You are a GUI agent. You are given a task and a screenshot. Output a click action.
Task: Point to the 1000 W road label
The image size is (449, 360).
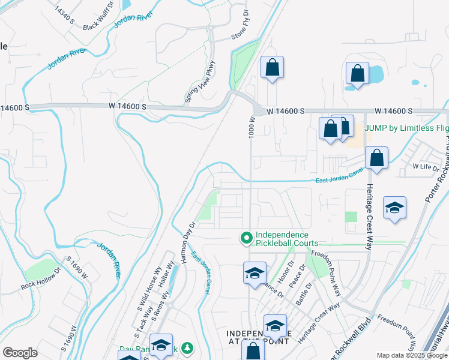tap(253, 126)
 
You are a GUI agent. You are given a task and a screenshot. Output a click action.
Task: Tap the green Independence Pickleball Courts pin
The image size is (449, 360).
tap(246, 239)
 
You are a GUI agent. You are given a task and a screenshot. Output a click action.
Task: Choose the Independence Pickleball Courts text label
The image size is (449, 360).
tap(282, 239)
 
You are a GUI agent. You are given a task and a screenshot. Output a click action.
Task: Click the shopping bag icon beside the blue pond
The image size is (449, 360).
tap(357, 74)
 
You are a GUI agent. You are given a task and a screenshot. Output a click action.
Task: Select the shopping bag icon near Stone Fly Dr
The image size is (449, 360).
tap(272, 67)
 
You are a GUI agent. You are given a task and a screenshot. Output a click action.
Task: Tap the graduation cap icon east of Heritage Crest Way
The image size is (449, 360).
tap(394, 208)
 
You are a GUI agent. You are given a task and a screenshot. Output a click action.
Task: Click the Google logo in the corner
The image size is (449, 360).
tap(20, 353)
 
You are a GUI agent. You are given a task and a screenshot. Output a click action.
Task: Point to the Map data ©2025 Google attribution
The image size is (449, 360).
tap(411, 355)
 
